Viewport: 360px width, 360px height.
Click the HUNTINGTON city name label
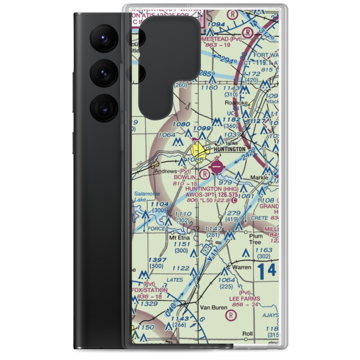(x=230, y=149)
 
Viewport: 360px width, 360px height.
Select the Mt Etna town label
(x=179, y=238)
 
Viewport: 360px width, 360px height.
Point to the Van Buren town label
(x=214, y=308)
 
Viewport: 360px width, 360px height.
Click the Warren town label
(x=241, y=267)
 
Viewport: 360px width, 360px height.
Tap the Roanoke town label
(x=236, y=103)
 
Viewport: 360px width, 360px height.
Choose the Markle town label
(x=259, y=178)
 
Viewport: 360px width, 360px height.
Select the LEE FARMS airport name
(x=244, y=298)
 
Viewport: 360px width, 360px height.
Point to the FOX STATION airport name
(x=151, y=290)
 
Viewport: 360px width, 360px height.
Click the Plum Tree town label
(x=255, y=239)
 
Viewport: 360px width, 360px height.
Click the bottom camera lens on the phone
(x=103, y=108)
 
